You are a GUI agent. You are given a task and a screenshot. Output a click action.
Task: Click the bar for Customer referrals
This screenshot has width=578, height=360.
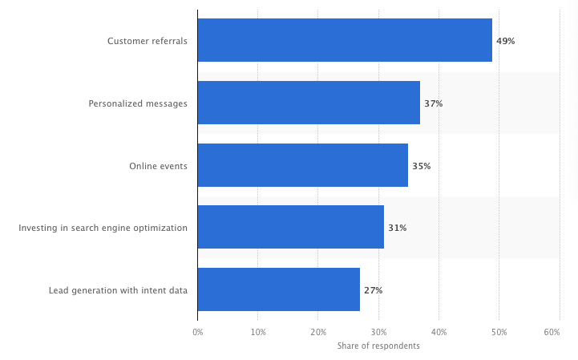(345, 40)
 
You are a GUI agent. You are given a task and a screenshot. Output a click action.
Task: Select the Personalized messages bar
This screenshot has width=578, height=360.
(309, 103)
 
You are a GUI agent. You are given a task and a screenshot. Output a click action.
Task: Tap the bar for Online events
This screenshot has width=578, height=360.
(302, 165)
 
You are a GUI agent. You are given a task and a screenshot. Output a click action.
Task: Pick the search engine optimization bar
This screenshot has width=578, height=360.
(290, 227)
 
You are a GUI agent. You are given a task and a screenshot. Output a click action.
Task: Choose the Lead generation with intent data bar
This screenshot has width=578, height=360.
(278, 289)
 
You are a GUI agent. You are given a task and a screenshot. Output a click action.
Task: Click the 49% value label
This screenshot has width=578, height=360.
(505, 41)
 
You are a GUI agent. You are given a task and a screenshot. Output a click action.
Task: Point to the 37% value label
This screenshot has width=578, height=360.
(433, 103)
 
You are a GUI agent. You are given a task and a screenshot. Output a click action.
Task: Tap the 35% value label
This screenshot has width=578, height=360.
(421, 166)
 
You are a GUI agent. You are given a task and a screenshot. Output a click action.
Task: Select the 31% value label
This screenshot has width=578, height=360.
(397, 228)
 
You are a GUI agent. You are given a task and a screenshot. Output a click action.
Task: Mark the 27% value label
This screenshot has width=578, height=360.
(373, 290)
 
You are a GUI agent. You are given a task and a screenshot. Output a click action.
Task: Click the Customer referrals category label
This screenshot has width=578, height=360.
(148, 41)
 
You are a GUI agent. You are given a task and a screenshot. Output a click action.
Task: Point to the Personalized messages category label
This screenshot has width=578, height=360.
(138, 103)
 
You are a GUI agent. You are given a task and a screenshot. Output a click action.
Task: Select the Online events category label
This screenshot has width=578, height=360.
(158, 166)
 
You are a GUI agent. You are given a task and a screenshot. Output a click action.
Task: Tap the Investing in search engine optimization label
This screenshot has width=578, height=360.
(103, 228)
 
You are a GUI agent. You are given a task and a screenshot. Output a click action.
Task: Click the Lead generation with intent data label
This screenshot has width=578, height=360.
(118, 290)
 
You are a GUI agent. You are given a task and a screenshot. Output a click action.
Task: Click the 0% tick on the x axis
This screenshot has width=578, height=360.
(197, 331)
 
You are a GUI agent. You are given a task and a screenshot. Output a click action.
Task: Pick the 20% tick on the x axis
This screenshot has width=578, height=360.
(318, 331)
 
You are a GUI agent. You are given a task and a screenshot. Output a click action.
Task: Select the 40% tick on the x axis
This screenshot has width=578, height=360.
(439, 331)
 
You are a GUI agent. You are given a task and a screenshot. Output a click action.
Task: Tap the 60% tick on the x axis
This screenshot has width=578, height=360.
(552, 331)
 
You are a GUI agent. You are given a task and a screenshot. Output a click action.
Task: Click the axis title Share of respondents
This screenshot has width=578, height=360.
(378, 346)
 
